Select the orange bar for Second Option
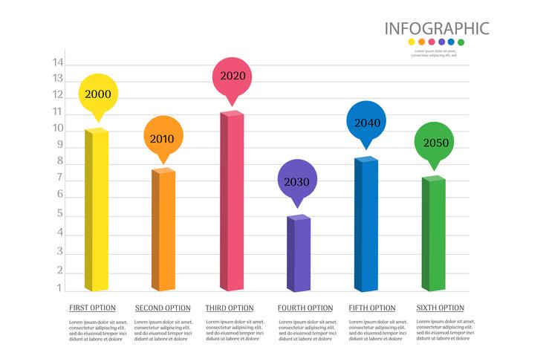point(163,230)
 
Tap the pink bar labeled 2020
point(231,201)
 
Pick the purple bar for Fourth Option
point(299,253)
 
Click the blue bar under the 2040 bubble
point(366,224)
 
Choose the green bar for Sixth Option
point(433,234)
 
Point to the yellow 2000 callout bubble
point(99,94)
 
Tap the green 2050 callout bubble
point(434,143)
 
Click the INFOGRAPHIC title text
point(436,29)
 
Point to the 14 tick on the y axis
point(58,62)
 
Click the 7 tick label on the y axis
point(58,180)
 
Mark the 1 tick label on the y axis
point(58,287)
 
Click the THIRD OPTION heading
point(230,308)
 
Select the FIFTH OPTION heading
point(372,308)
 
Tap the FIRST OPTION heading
point(93,308)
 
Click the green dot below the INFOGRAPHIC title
point(461,43)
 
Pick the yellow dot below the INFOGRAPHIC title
point(412,43)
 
